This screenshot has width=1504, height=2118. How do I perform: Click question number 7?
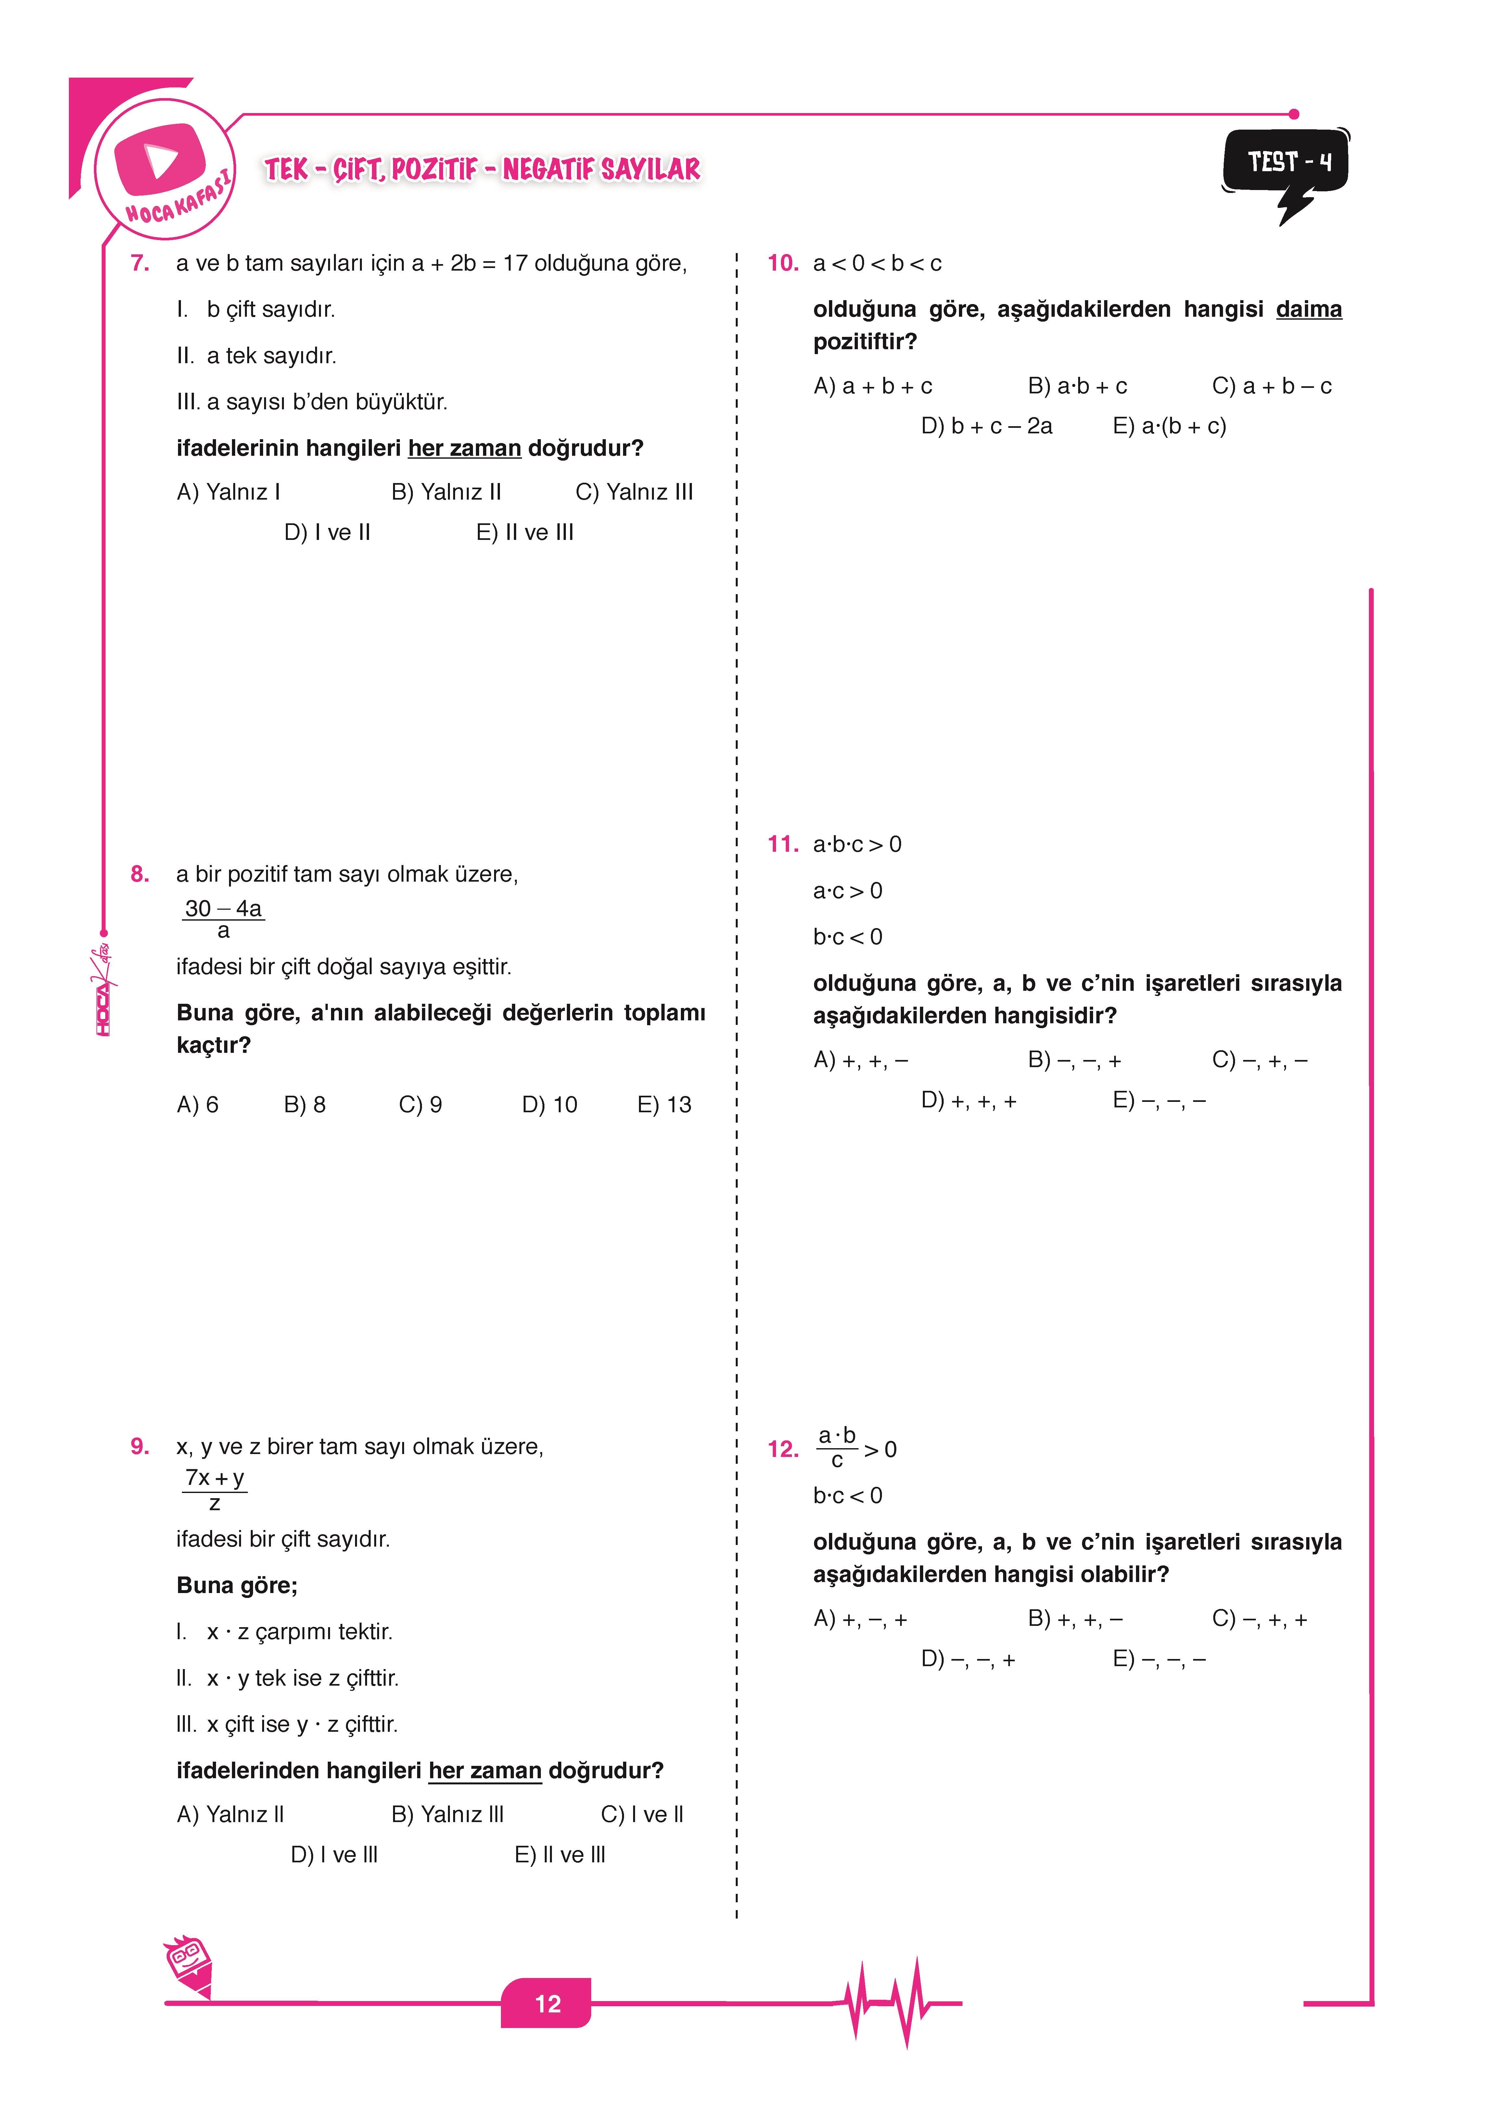140,264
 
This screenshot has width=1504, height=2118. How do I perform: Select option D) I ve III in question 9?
334,1855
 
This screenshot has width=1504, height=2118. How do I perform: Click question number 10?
783,264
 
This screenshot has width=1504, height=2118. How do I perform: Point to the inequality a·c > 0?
848,891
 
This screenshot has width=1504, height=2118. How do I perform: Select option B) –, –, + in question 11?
1074,1060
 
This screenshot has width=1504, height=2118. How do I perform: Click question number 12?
783,1449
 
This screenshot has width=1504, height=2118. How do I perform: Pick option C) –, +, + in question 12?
1259,1619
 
